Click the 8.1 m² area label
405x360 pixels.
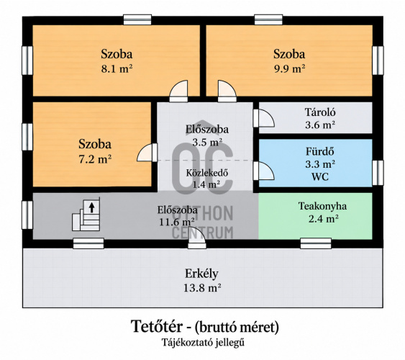[117, 69]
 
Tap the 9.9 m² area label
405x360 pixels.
[289, 69]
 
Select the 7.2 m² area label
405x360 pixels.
[95, 159]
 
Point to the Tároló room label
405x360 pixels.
[320, 112]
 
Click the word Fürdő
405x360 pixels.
[320, 151]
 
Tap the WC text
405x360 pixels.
[320, 177]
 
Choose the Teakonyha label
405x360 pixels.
[322, 206]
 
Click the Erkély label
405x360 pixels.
[201, 274]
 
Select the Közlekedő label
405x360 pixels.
[207, 173]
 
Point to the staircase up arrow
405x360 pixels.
[91, 207]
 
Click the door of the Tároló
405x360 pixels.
[263, 118]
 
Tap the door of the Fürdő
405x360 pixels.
[263, 171]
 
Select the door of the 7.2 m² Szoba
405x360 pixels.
[147, 153]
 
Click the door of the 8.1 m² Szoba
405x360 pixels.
[178, 91]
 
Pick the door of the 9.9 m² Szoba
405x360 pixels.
[227, 91]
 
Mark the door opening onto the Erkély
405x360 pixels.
[197, 238]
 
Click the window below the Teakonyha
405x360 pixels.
[316, 243]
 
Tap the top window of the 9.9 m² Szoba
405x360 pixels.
[268, 19]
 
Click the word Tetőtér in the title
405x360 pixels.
[157, 327]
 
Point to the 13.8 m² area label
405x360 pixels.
[202, 287]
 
